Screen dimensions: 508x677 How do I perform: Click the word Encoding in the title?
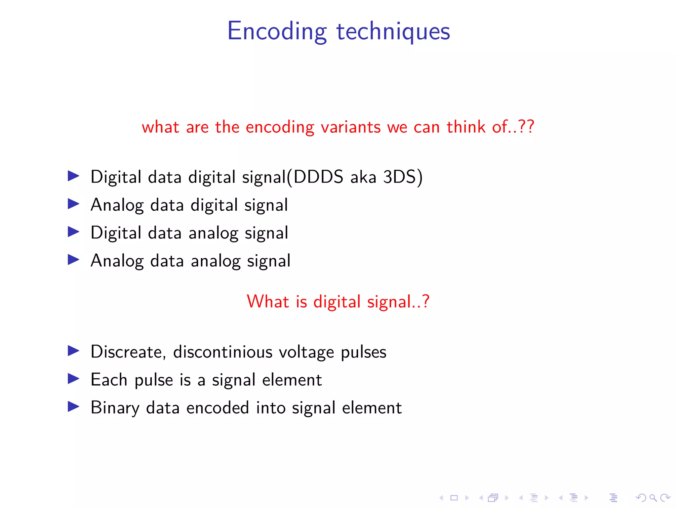point(277,31)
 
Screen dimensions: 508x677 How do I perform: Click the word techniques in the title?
point(393,31)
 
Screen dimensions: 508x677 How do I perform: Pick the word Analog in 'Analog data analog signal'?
point(117,261)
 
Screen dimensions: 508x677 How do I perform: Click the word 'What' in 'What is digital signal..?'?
point(268,302)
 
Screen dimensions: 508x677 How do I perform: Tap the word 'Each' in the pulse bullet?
point(109,380)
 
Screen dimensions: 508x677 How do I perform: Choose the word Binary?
point(115,408)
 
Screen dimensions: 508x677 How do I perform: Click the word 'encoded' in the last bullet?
point(218,407)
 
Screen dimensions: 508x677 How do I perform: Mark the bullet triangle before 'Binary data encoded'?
point(73,406)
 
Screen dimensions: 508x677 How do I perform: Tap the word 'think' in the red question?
point(466,127)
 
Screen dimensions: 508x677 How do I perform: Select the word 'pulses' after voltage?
point(363,352)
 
